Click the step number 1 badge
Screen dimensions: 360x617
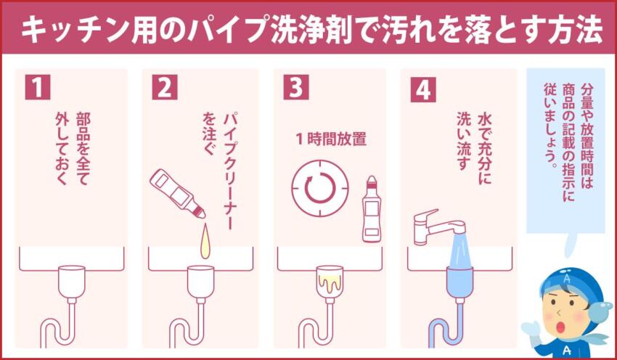(37, 88)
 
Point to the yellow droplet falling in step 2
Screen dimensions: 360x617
(206, 240)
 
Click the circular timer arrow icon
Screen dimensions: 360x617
(316, 189)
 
